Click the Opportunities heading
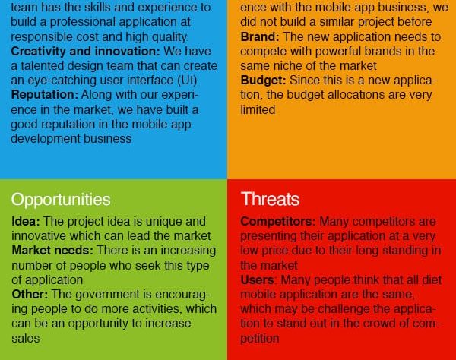point(61,200)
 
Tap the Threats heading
point(270,199)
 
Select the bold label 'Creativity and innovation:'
point(85,52)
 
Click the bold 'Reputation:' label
point(45,95)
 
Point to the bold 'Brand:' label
point(260,37)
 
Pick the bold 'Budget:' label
point(263,81)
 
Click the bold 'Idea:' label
point(26,222)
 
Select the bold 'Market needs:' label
point(52,251)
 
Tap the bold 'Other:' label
point(30,295)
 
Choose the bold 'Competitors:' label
point(278,222)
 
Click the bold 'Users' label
point(257,280)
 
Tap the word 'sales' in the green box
point(26,339)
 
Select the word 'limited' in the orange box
point(258,110)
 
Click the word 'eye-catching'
point(62,81)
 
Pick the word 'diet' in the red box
point(432,280)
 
